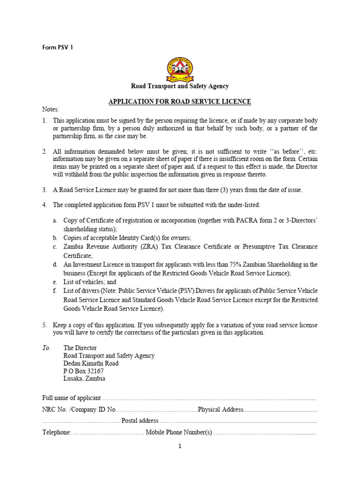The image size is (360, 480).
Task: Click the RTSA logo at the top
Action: pyautogui.click(x=180, y=68)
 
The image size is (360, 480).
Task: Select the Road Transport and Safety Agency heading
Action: pyautogui.click(x=180, y=86)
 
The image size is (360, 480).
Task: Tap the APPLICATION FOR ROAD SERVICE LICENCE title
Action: pyautogui.click(x=180, y=101)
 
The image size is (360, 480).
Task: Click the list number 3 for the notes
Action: pyautogui.click(x=45, y=190)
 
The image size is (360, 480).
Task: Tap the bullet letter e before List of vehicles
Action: pyautogui.click(x=55, y=282)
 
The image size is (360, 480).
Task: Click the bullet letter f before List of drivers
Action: pyautogui.click(x=55, y=291)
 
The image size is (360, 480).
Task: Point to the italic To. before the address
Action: pyautogui.click(x=46, y=348)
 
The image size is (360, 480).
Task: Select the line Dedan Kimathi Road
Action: pyautogui.click(x=91, y=363)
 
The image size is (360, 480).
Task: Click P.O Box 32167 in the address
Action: pyautogui.click(x=83, y=371)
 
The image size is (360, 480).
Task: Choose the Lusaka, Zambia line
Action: pyautogui.click(x=84, y=378)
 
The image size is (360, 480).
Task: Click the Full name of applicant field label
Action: pyautogui.click(x=71, y=398)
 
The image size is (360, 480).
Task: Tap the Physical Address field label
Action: pyautogui.click(x=220, y=410)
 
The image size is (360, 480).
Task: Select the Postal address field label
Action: pyautogui.click(x=140, y=420)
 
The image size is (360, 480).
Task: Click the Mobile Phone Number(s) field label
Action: pyautogui.click(x=179, y=432)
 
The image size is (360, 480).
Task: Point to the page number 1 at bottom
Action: pyautogui.click(x=180, y=446)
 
